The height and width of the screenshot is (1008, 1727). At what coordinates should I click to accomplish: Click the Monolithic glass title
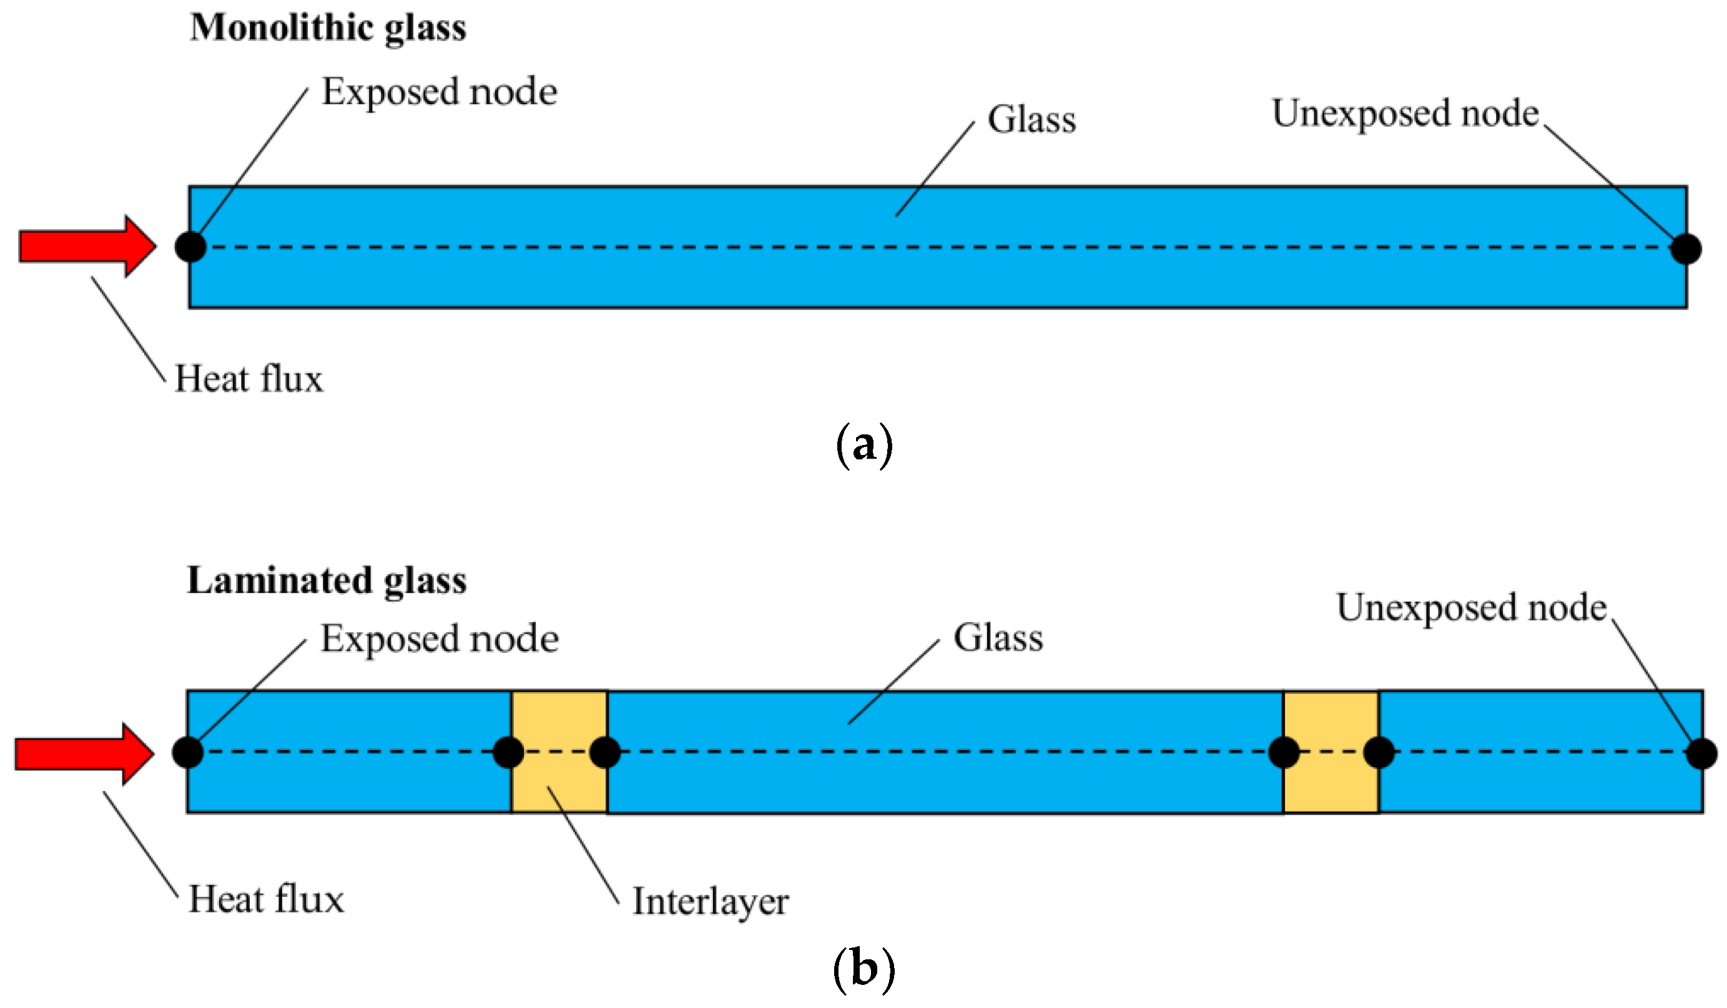coord(328,29)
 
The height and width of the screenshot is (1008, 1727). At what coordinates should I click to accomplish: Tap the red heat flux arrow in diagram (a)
coord(86,247)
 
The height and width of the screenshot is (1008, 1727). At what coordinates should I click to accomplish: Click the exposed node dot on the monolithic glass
coord(190,247)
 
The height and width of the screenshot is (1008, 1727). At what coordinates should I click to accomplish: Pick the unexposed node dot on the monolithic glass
coord(1686,248)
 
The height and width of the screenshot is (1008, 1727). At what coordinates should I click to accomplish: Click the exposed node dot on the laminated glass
coord(188,752)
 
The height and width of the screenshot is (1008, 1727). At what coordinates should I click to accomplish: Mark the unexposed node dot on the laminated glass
coord(1701,754)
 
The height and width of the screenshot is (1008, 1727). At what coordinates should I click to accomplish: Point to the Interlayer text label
coord(710,902)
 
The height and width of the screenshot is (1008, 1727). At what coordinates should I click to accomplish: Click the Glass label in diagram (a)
coord(1031,120)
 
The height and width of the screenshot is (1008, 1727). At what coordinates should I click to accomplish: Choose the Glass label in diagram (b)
coord(998,639)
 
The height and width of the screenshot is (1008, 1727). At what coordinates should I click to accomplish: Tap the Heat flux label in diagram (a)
coord(248,379)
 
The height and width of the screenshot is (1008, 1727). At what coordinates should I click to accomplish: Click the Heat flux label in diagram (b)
coord(266,900)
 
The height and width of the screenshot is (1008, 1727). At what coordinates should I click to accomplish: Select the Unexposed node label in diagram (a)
coord(1405,114)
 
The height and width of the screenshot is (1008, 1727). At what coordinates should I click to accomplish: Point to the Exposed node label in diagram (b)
coord(440,639)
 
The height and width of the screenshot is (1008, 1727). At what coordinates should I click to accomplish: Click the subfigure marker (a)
coord(864,446)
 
